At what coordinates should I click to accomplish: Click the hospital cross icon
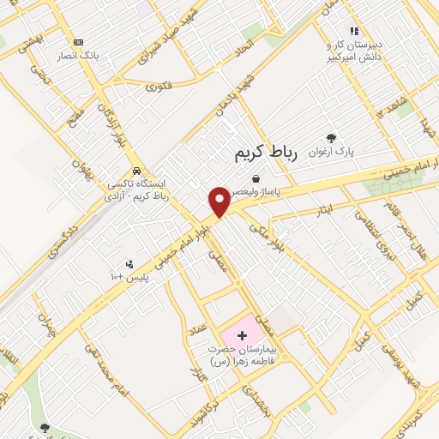tap(242, 334)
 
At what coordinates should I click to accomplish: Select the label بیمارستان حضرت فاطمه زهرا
tap(238, 355)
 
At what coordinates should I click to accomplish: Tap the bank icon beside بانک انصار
tap(79, 41)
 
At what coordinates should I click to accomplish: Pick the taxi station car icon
tap(136, 170)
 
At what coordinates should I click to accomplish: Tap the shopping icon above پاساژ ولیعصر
tap(256, 177)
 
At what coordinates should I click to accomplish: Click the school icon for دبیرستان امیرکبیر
tap(354, 31)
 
